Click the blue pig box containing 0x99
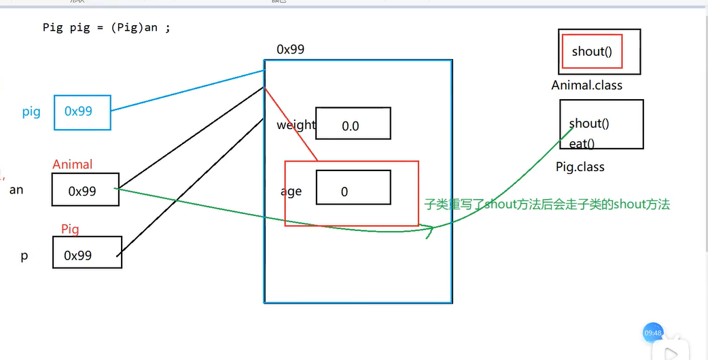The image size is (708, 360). [x=82, y=112]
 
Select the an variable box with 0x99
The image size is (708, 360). [x=85, y=190]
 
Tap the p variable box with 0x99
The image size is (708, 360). [x=87, y=252]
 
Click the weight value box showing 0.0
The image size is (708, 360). [x=353, y=124]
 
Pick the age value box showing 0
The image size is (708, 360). [x=353, y=187]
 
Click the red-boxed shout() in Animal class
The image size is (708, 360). [x=592, y=52]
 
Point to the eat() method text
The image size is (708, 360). [x=582, y=143]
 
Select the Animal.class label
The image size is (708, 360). [x=586, y=86]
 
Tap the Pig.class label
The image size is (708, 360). [x=580, y=167]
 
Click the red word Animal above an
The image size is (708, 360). [x=72, y=164]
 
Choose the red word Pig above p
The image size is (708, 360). [x=70, y=230]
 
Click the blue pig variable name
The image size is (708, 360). [x=31, y=112]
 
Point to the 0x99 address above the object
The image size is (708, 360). [x=290, y=50]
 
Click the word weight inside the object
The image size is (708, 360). [x=296, y=125]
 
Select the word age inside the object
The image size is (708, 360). [x=291, y=192]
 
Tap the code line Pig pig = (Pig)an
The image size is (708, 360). [x=106, y=28]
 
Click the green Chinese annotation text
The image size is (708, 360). [x=546, y=204]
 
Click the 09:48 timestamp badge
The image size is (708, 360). [x=652, y=333]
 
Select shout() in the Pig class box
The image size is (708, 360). [x=589, y=124]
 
